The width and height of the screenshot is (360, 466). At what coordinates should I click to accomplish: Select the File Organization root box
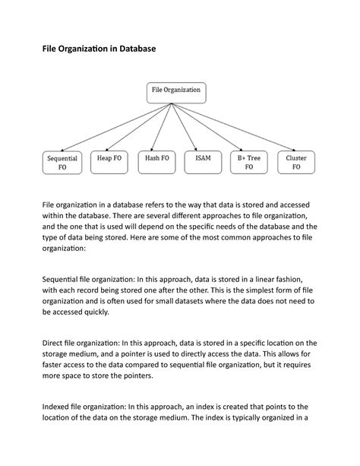176,91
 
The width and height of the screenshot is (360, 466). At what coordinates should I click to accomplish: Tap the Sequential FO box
62,163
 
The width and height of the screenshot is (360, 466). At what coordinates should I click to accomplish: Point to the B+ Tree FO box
249,163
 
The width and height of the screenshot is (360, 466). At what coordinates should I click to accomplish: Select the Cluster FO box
296,163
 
